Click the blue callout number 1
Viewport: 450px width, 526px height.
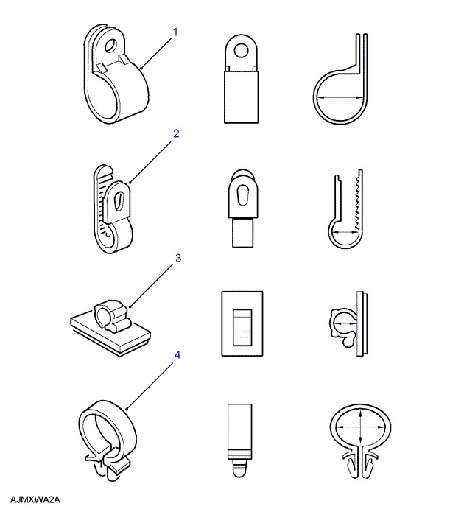175,32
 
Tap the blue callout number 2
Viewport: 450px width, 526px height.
176,133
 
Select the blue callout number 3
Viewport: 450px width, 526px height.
178,258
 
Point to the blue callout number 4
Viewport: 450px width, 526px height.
177,354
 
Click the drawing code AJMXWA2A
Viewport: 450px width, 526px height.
35,499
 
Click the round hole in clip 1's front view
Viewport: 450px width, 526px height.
242,52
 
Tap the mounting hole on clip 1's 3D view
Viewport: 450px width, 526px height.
111,45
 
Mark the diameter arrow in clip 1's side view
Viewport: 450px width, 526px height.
340,98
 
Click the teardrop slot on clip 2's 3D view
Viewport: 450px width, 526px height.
118,201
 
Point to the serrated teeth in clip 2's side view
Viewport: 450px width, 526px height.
357,200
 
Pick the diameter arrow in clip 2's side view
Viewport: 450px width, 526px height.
345,231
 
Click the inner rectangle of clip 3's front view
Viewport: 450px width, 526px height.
242,327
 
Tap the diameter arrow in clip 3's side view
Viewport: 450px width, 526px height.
345,323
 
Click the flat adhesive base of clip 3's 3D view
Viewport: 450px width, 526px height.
110,332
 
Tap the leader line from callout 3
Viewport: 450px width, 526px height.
152,286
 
